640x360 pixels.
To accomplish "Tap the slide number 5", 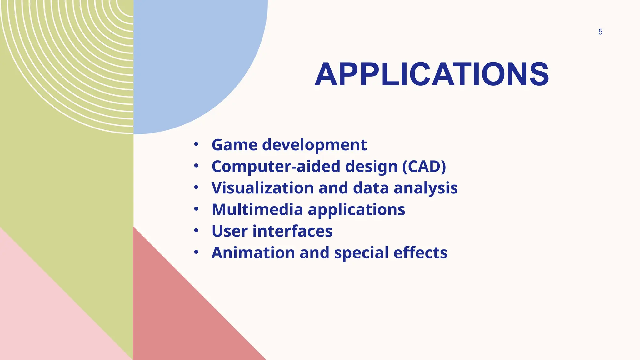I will (x=600, y=32).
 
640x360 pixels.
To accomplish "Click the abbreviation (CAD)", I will (x=424, y=167).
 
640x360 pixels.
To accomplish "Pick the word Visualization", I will (x=262, y=188).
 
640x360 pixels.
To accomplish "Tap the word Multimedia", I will (x=257, y=209).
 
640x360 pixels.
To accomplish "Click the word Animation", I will (x=253, y=252).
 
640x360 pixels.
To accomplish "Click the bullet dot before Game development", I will (x=196, y=144).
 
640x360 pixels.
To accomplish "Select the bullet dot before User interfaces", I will (x=196, y=231).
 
